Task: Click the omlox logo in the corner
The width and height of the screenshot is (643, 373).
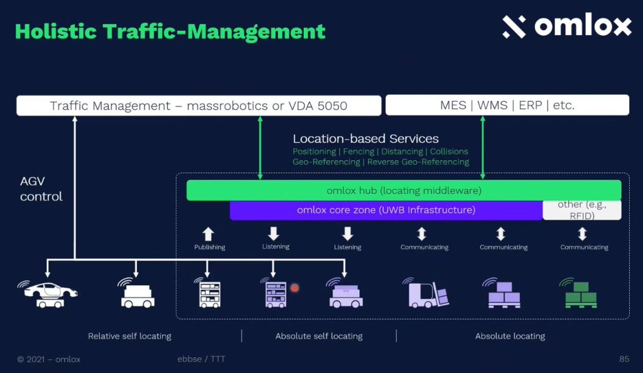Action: click(x=567, y=25)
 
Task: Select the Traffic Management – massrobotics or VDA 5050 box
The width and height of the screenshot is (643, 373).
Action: click(x=199, y=105)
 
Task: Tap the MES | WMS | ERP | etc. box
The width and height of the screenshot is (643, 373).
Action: click(x=507, y=105)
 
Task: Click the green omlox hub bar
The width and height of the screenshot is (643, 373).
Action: click(x=404, y=190)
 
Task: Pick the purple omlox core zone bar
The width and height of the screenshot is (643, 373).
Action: click(x=386, y=210)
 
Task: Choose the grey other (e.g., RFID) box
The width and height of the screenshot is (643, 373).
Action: click(x=582, y=210)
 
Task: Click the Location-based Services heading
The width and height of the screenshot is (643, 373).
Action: click(x=366, y=139)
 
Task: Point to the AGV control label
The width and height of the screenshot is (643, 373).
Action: click(x=41, y=189)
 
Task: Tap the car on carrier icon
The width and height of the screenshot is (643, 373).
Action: click(x=48, y=294)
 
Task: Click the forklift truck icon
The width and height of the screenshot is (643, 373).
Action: click(x=426, y=293)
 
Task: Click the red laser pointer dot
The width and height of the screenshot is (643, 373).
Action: click(x=294, y=288)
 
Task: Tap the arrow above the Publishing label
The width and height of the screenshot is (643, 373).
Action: click(x=208, y=234)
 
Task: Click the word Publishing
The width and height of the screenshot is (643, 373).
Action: click(x=210, y=247)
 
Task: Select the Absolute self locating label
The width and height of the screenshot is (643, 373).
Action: click(x=319, y=336)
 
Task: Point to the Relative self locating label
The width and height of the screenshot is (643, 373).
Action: click(x=129, y=336)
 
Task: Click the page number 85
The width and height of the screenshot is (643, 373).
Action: click(x=624, y=359)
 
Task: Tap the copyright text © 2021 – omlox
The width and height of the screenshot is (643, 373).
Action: click(x=49, y=359)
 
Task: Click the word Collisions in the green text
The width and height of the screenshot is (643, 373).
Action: click(x=449, y=151)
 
